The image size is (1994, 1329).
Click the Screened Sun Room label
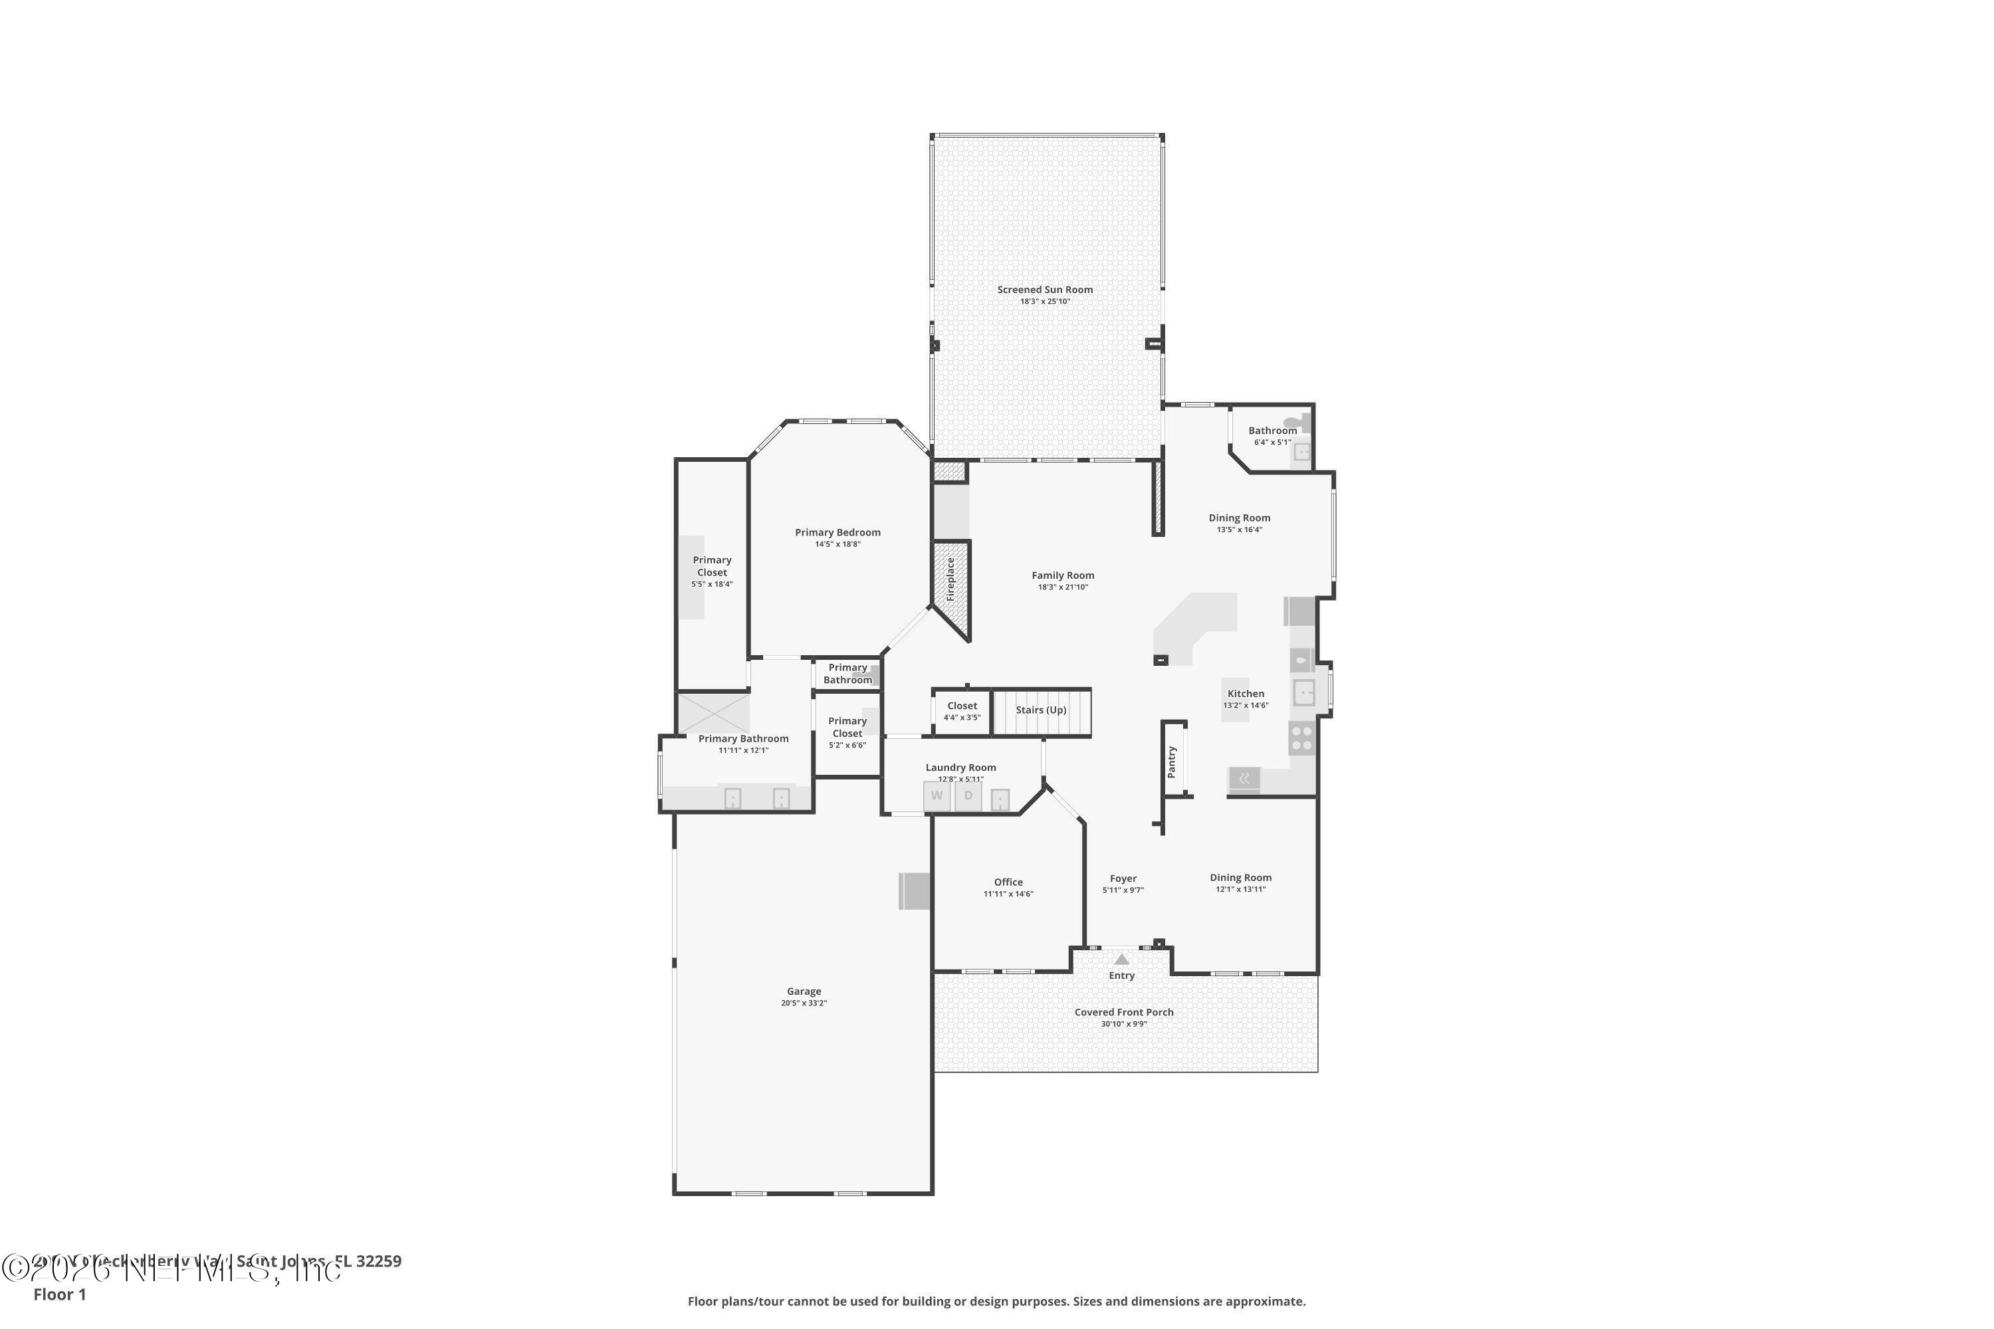pyautogui.click(x=1044, y=290)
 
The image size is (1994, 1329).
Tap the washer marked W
pyautogui.click(x=936, y=796)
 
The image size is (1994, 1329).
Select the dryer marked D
pyautogui.click(x=968, y=796)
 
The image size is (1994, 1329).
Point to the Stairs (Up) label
pyautogui.click(x=1041, y=710)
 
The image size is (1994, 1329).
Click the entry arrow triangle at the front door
pyautogui.click(x=1122, y=960)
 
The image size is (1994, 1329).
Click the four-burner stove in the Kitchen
pyautogui.click(x=1301, y=738)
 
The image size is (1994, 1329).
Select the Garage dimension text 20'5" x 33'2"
pyautogui.click(x=804, y=1003)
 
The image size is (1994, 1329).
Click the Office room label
pyautogui.click(x=1008, y=882)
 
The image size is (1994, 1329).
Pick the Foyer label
pyautogui.click(x=1123, y=879)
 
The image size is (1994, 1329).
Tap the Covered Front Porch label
pyautogui.click(x=1123, y=1012)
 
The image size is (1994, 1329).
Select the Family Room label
pyautogui.click(x=1062, y=575)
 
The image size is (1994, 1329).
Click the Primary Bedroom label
pyautogui.click(x=837, y=532)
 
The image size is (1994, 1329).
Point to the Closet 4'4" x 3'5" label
pyautogui.click(x=962, y=706)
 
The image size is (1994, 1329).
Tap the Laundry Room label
pyautogui.click(x=960, y=768)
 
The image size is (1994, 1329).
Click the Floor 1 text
pyautogui.click(x=59, y=1294)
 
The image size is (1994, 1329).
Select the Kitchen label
pyautogui.click(x=1246, y=693)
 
